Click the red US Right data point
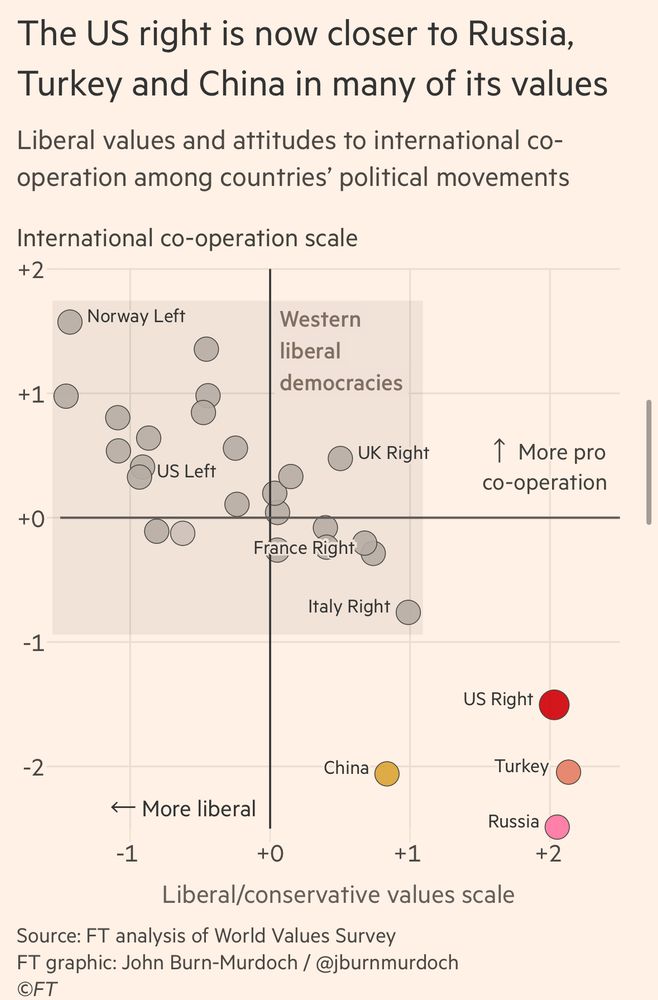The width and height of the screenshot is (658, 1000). point(554,704)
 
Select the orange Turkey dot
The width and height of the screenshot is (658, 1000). point(568,772)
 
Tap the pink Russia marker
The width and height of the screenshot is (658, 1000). point(557,827)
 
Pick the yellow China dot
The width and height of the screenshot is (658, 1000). point(386,773)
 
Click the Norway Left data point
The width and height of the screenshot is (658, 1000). point(70,321)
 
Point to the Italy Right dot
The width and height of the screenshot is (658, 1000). point(408,612)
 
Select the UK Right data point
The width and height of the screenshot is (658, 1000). point(340,458)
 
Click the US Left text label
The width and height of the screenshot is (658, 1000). point(187,471)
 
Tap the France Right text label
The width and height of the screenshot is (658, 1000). point(303,548)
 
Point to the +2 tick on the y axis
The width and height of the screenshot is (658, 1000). point(30,270)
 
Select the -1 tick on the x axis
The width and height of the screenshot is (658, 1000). point(127,854)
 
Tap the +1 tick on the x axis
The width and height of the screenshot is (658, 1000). point(407,854)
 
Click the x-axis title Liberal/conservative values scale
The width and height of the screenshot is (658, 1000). point(338,894)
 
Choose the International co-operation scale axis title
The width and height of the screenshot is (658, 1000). point(187,239)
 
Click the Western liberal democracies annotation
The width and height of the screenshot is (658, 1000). point(340,351)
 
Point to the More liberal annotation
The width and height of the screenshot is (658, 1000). point(183,808)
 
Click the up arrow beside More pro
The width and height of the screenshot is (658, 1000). point(501,451)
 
